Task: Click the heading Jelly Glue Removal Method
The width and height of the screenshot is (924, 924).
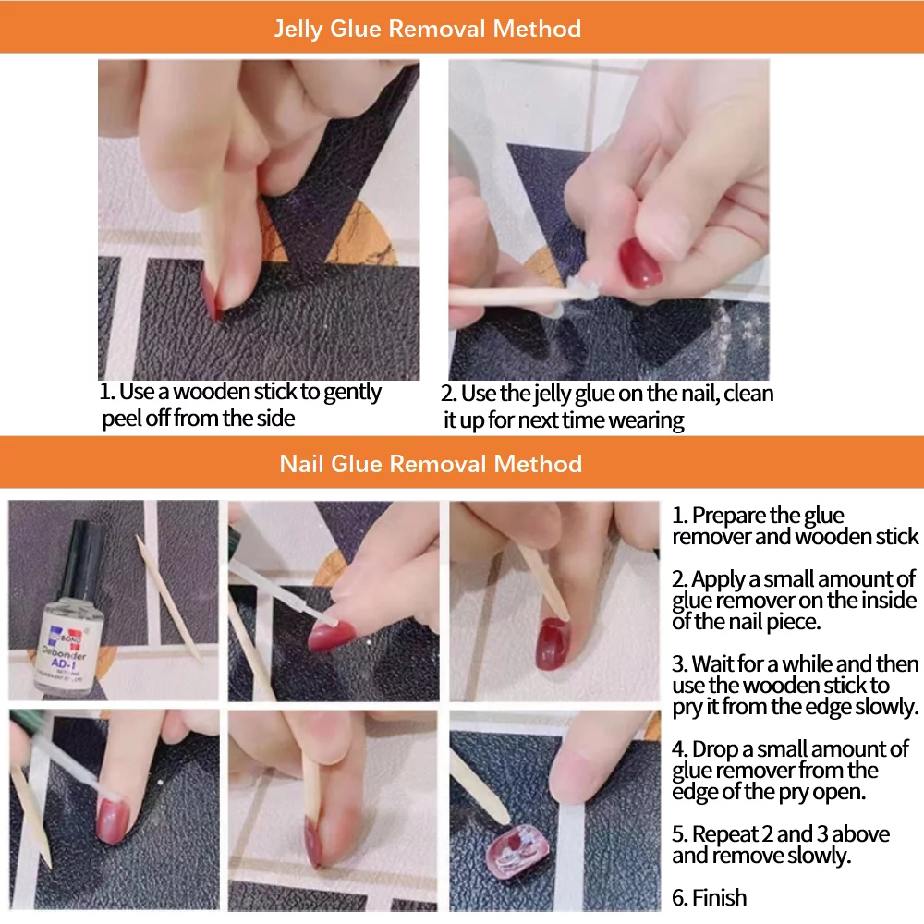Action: (427, 28)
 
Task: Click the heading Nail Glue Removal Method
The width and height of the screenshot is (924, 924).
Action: (431, 463)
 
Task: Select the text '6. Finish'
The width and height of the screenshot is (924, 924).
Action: (709, 897)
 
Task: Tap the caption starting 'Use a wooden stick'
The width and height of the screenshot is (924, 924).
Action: (240, 405)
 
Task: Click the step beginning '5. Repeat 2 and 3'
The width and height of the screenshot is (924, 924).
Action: (780, 845)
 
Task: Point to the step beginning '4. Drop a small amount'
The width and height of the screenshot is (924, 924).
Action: (789, 770)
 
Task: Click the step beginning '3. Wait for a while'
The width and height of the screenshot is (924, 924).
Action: (795, 686)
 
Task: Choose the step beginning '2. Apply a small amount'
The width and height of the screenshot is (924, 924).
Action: (794, 601)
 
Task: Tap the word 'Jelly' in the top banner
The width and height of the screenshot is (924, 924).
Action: (298, 28)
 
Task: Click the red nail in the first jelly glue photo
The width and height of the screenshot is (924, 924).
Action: (212, 300)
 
